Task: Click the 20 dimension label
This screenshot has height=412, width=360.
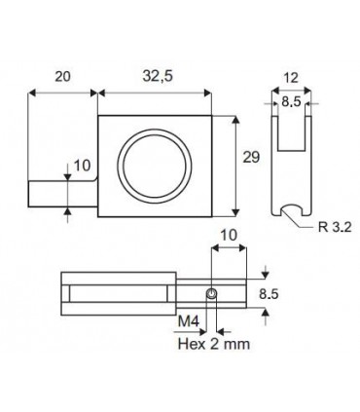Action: (x=62, y=77)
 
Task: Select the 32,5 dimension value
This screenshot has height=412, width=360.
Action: (x=158, y=76)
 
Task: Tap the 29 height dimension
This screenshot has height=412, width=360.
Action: (x=251, y=158)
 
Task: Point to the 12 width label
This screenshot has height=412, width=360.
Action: (x=291, y=78)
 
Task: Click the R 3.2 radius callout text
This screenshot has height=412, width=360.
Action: (x=335, y=227)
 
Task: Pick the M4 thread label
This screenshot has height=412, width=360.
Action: (x=189, y=321)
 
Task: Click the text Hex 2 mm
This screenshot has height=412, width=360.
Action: (x=214, y=344)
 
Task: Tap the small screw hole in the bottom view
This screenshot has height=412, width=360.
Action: (x=211, y=294)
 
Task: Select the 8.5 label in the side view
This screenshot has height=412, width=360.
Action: (x=291, y=102)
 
